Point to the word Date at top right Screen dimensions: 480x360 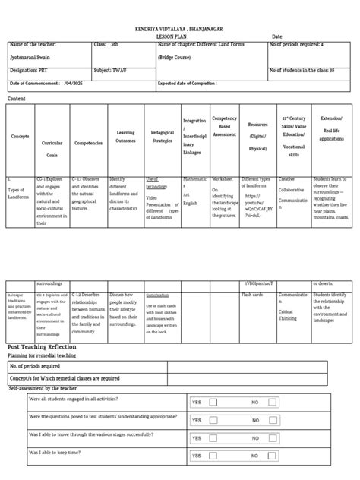pos(276,36)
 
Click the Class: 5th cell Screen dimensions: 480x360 pos(106,45)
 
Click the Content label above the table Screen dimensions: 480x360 pos(16,99)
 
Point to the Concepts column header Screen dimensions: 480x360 pos(21,137)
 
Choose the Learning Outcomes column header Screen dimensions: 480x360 pos(125,137)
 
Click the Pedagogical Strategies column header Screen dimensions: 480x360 pos(162,137)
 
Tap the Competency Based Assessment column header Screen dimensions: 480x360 pos(224,125)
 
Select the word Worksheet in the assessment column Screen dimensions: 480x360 pos(222,179)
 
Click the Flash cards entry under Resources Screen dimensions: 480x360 pos(252,294)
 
